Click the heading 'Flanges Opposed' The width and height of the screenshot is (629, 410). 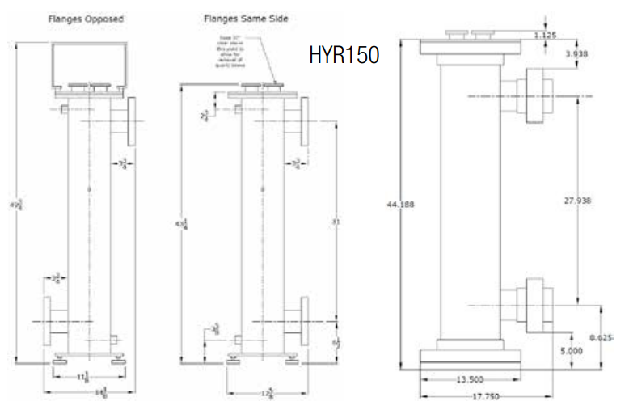[85, 19]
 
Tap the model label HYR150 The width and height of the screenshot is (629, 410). [344, 57]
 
